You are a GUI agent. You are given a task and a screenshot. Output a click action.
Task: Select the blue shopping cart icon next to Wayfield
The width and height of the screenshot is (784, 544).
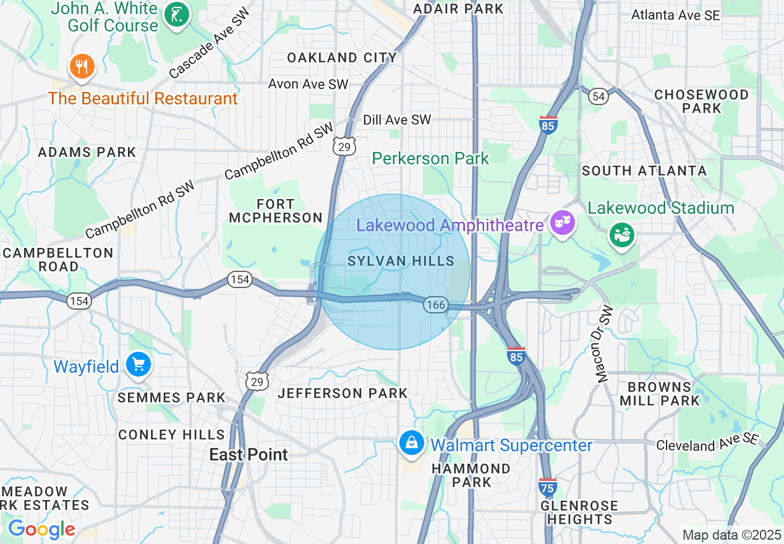138,365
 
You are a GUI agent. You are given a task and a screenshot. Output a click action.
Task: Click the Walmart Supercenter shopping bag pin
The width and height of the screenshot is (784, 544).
411,443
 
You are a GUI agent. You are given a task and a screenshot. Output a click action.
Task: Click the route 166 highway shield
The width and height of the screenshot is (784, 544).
436,304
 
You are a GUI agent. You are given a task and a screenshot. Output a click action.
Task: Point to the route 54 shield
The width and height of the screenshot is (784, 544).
598,96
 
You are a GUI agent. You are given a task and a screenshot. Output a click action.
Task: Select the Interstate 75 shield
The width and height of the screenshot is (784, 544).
547,487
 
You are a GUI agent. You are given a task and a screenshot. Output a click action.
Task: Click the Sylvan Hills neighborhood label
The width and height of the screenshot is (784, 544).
401,261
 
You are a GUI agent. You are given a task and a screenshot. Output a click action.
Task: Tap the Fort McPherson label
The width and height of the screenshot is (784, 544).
276,210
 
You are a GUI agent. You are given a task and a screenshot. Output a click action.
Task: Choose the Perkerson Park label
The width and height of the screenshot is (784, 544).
430,159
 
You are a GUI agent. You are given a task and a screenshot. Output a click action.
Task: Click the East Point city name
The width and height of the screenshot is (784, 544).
249,455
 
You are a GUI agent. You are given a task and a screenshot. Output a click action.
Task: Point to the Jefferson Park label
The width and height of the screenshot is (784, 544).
343,393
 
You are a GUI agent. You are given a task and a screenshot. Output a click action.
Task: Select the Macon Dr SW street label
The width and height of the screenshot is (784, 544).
604,343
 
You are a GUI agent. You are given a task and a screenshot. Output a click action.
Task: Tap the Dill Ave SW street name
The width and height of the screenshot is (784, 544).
397,120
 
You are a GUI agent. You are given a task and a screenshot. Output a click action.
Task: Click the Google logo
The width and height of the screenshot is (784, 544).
41,529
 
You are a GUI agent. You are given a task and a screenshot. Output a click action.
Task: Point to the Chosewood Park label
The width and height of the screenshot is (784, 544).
701,101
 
